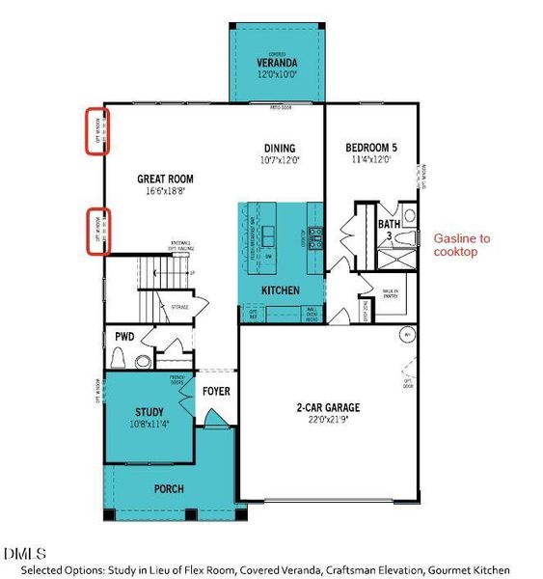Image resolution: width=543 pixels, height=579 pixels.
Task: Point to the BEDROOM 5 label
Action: point(371,148)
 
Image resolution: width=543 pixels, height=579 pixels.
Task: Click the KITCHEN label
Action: point(281,289)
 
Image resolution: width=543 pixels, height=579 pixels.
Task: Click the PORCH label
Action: point(169,489)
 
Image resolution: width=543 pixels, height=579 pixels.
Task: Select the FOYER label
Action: point(216,392)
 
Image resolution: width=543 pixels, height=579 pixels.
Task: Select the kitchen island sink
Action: point(269,234)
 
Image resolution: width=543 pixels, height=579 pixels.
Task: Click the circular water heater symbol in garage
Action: point(406,335)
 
